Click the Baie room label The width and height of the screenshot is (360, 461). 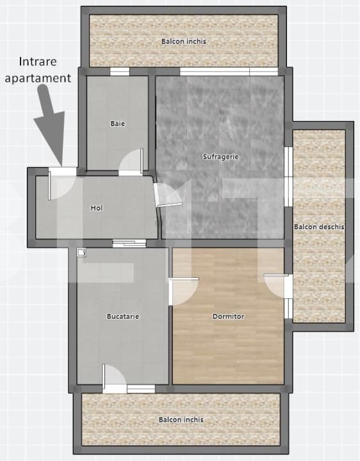pos(117,124)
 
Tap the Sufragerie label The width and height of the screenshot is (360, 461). pos(220,156)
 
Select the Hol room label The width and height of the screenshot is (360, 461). pos(97,207)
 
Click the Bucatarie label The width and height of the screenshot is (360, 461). pos(123,316)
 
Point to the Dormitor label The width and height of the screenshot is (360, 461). pos(228,316)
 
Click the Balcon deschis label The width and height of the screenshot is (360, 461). pos(319,227)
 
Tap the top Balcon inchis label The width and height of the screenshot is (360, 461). pos(184,42)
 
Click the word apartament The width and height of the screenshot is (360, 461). pos(44,79)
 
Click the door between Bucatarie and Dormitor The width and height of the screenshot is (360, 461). pos(184,291)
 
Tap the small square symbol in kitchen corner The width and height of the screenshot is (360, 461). pos(80,252)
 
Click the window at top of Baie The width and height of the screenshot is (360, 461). pos(120,71)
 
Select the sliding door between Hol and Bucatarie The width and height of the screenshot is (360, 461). pos(129,243)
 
